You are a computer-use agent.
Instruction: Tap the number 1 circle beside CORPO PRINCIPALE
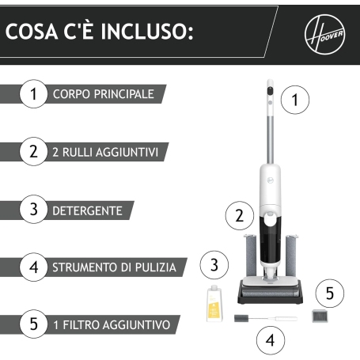33,94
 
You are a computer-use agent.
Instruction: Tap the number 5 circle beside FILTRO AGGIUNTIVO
33,324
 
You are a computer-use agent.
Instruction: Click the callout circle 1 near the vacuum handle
296,100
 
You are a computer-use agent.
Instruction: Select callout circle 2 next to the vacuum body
238,214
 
